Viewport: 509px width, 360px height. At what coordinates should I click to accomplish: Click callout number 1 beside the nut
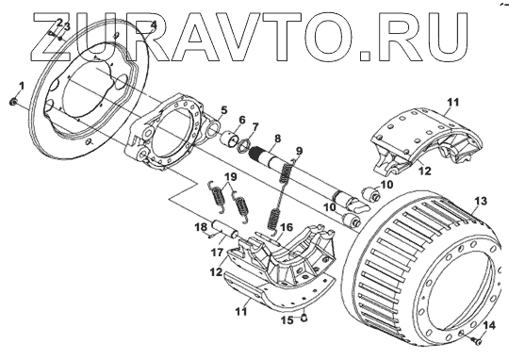tap(22, 87)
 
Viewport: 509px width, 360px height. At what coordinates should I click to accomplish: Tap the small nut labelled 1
tap(13, 102)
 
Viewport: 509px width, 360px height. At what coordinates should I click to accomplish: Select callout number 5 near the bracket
tap(223, 110)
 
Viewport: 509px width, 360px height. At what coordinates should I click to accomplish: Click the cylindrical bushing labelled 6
tap(229, 139)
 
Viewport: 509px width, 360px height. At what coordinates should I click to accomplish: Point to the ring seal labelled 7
tap(245, 145)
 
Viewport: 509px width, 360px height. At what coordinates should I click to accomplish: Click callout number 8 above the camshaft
tap(277, 139)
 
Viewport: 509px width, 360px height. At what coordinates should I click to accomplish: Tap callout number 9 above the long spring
tap(299, 151)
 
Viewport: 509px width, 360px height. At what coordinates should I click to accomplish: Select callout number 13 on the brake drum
tap(481, 201)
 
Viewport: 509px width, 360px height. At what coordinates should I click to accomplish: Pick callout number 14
tap(490, 325)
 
